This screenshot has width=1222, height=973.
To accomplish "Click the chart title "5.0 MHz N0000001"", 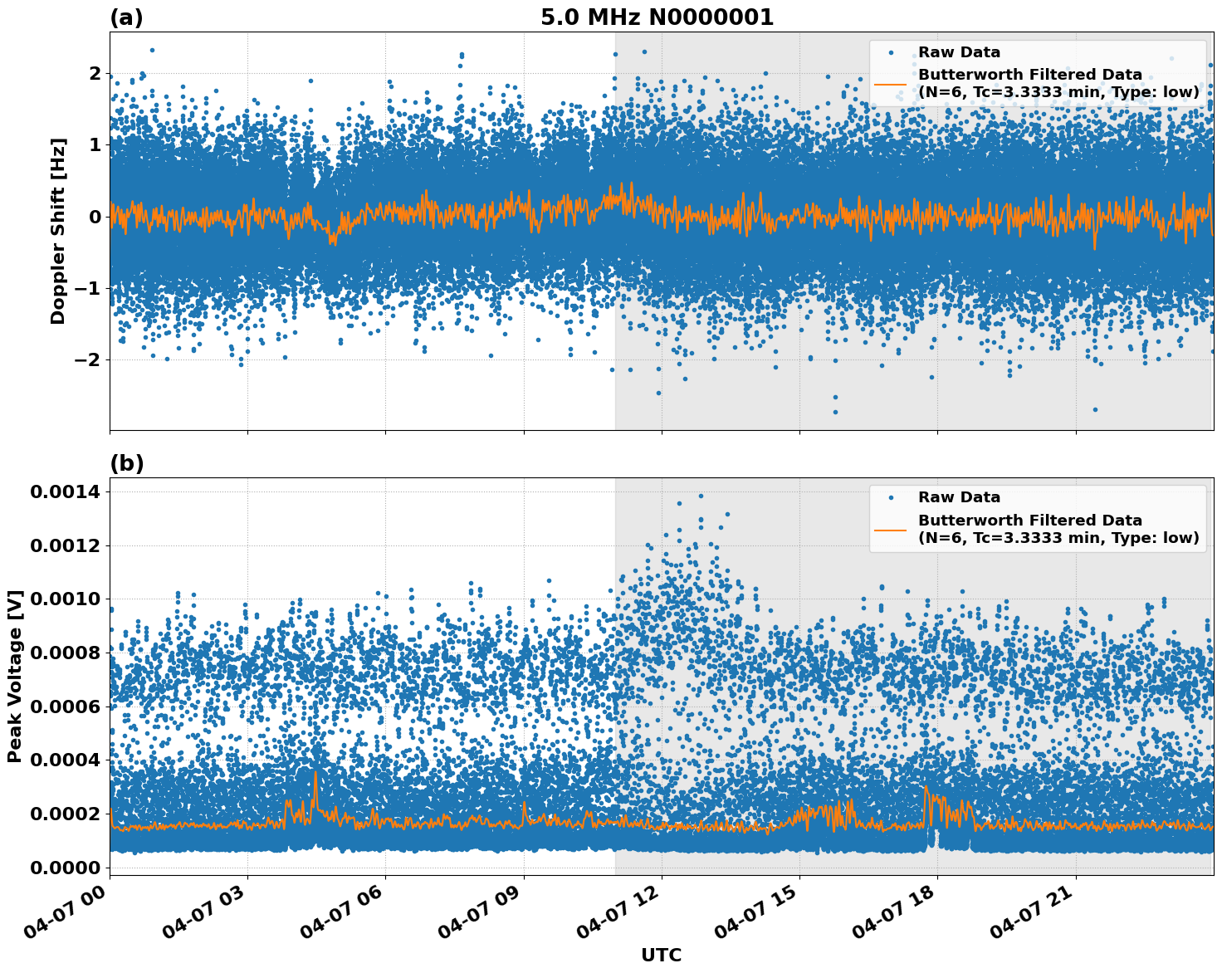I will tap(657, 17).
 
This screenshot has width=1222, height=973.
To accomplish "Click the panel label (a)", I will tap(126, 17).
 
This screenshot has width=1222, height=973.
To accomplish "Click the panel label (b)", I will tap(126, 463).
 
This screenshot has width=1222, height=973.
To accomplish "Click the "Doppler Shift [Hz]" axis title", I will tap(58, 231).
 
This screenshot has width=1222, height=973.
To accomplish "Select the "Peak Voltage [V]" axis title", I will tap(14, 676).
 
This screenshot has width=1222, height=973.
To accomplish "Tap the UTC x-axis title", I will tap(661, 955).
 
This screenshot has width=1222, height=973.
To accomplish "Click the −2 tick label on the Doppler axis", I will tap(86, 360).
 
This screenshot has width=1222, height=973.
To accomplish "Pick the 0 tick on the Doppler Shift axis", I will tap(95, 217).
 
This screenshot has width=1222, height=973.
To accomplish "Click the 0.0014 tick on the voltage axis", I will tap(66, 492).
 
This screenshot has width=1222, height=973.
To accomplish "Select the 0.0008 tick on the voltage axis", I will tap(66, 653).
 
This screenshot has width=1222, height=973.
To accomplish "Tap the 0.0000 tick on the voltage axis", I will tap(66, 868).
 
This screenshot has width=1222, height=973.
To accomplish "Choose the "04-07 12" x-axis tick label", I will tap(623, 913).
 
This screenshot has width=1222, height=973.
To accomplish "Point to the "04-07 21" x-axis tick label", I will tap(1038, 913).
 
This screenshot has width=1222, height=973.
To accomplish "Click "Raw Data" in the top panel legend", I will tap(959, 52).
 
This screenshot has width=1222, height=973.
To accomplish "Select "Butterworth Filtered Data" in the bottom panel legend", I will tap(1029, 521).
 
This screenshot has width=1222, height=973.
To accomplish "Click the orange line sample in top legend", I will tap(890, 84).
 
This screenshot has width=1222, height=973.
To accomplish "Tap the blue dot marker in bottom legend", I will tap(890, 498).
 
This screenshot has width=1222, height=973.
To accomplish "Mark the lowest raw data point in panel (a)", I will tap(835, 412).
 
